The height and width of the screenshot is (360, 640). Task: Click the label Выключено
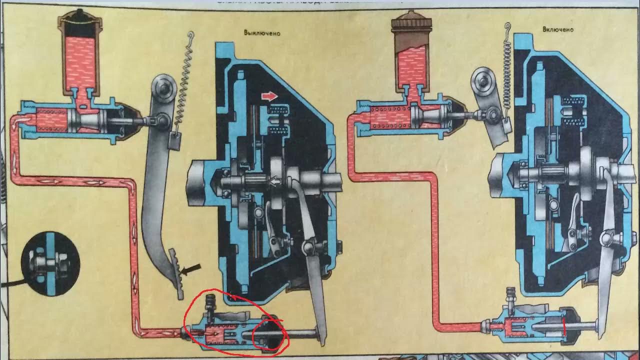tap(262, 34)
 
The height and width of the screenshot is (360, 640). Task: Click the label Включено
tap(558, 29)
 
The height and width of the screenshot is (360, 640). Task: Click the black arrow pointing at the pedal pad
tap(190, 270)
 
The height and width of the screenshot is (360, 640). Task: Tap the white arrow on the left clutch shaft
tap(274, 183)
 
